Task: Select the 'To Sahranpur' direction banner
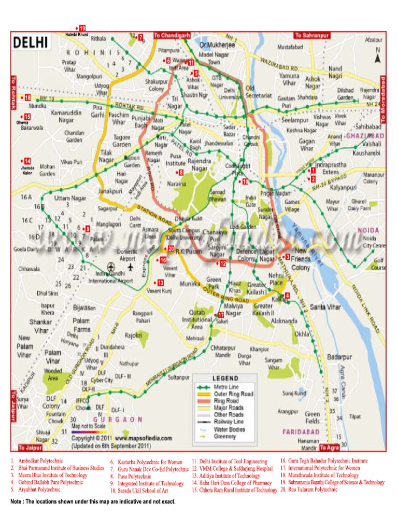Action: [311, 35]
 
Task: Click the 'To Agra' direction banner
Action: [330, 447]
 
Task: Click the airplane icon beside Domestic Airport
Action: [130, 267]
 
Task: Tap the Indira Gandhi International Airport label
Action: [110, 277]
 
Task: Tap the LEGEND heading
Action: [225, 378]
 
